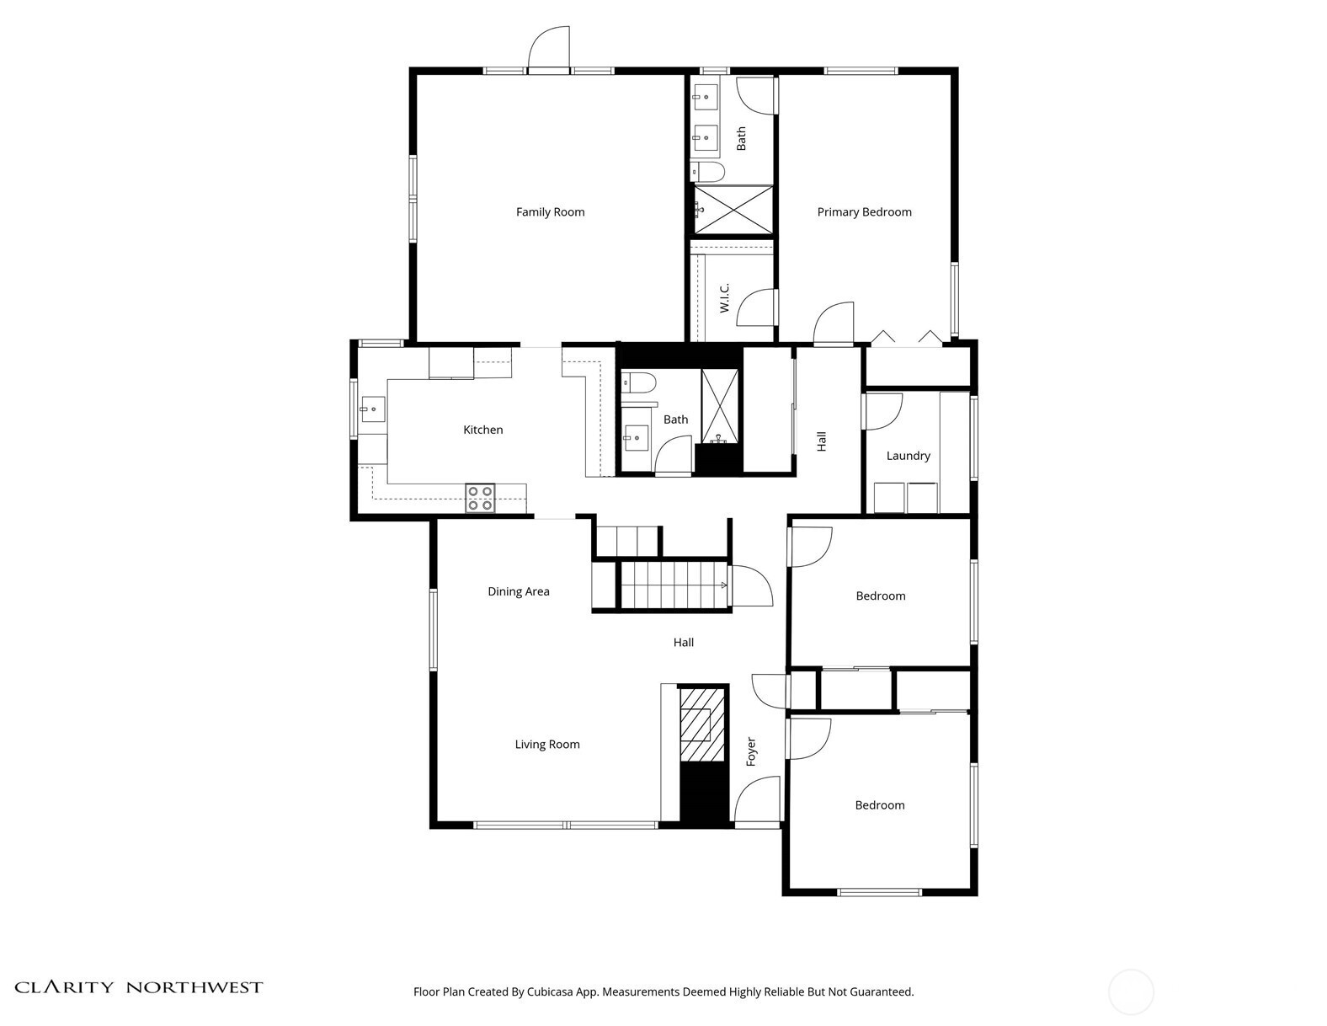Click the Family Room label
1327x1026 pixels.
coord(550,212)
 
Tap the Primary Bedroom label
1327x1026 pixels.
coord(864,212)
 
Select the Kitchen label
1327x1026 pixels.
coord(482,430)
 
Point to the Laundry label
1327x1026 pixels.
coord(908,456)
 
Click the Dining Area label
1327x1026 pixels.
coord(518,591)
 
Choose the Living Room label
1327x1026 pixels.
coord(546,744)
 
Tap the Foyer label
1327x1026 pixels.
coord(750,751)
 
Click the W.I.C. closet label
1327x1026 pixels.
coord(724,297)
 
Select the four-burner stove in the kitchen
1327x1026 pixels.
coord(479,498)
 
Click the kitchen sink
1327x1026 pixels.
coord(372,409)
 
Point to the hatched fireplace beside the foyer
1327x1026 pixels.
coord(702,724)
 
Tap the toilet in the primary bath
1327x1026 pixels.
coord(707,172)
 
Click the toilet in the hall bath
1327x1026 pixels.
coord(638,383)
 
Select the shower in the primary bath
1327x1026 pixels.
coord(733,210)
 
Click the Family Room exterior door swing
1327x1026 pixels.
coord(549,50)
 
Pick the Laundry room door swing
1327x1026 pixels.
coord(882,412)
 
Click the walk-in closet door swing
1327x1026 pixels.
coord(757,307)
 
